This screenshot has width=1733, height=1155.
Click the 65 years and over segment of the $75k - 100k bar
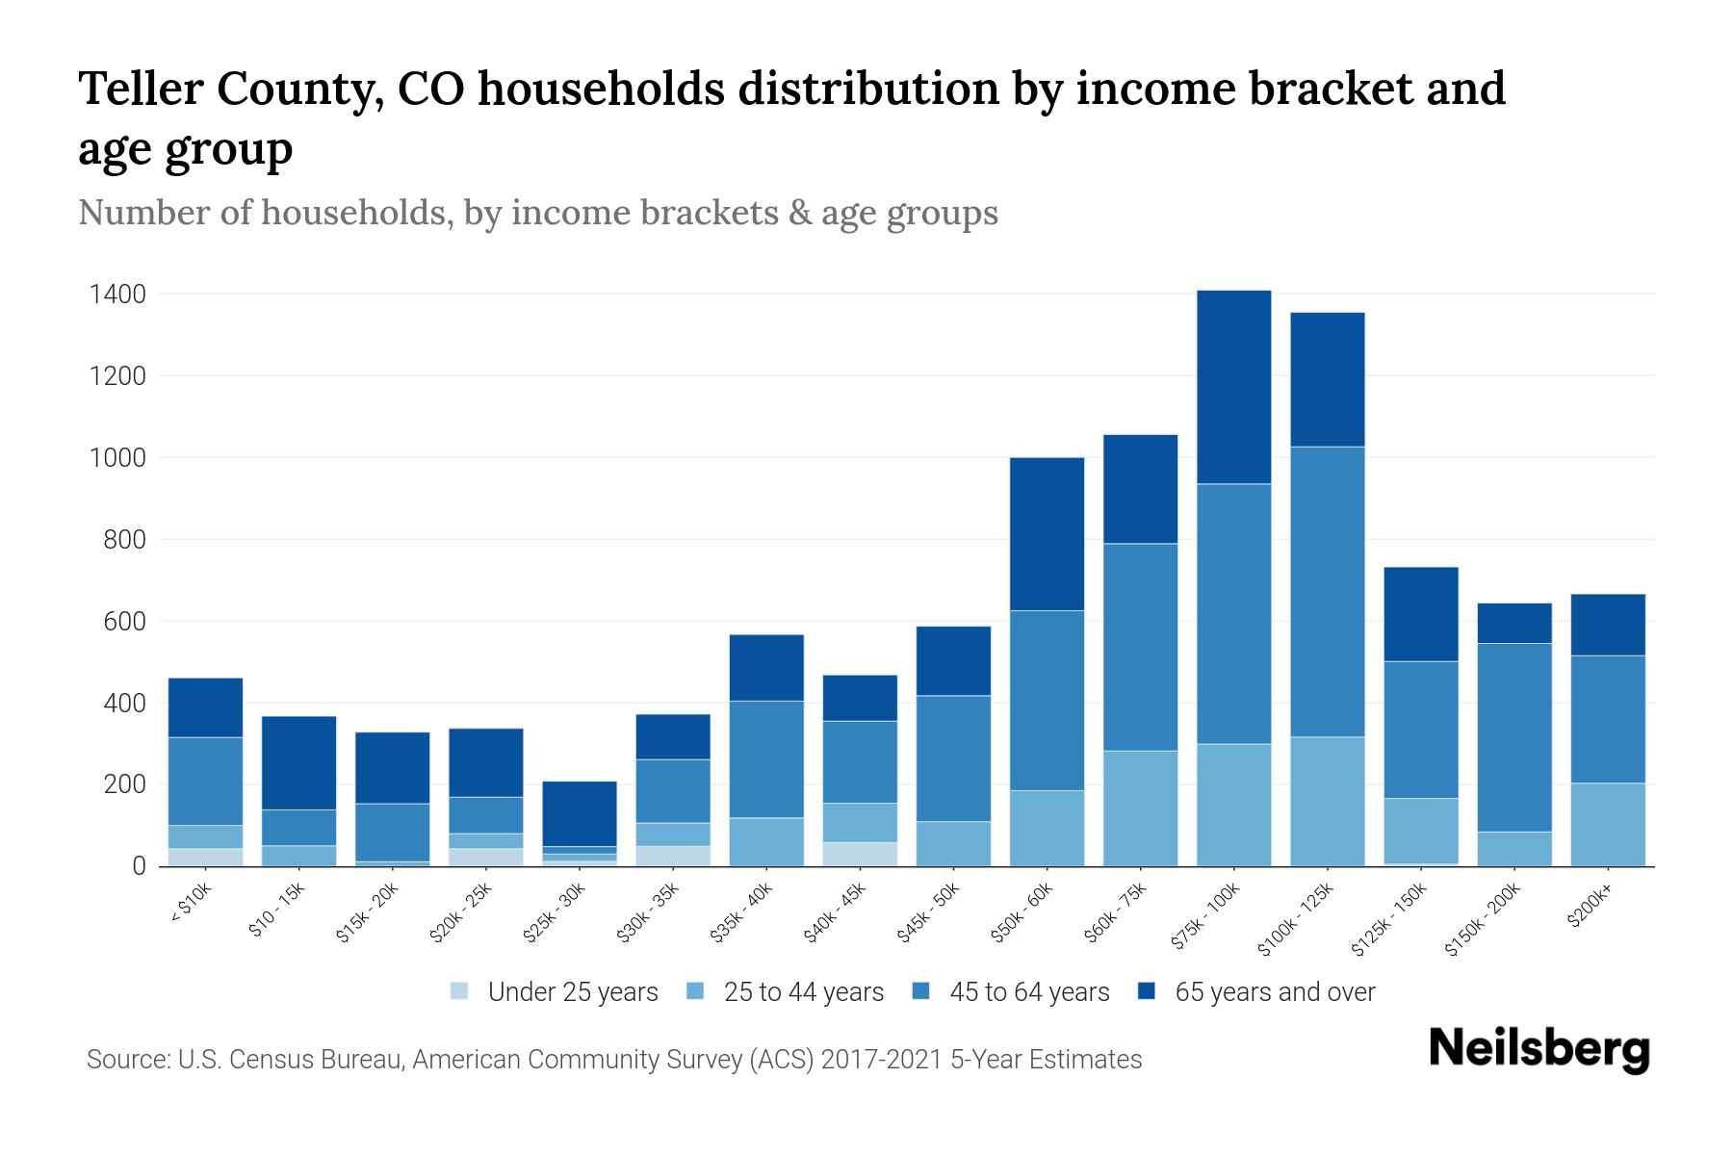pos(1233,387)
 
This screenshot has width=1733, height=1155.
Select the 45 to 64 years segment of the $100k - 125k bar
pos(1327,592)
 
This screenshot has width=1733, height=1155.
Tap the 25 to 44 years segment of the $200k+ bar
pos(1607,824)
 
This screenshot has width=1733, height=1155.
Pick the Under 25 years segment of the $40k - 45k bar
pos(860,854)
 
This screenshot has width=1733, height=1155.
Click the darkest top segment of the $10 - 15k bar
pos(298,762)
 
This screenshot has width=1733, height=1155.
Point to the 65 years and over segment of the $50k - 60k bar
pos(1047,534)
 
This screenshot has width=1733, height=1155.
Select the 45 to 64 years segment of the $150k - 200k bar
pos(1513,737)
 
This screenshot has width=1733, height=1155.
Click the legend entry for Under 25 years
pos(554,992)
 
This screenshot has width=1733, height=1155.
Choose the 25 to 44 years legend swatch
pos(695,992)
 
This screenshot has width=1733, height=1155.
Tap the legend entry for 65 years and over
pos(1256,992)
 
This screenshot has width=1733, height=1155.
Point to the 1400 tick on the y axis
pos(117,295)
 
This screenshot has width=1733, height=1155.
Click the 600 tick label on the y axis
pos(125,622)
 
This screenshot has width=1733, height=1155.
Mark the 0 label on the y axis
pos(139,866)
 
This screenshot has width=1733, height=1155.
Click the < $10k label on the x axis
pos(191,906)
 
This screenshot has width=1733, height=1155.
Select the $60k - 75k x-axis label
pos(1116,913)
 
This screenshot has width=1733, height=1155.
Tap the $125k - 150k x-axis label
pos(1389,921)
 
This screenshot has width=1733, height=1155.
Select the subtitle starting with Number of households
pos(537,213)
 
